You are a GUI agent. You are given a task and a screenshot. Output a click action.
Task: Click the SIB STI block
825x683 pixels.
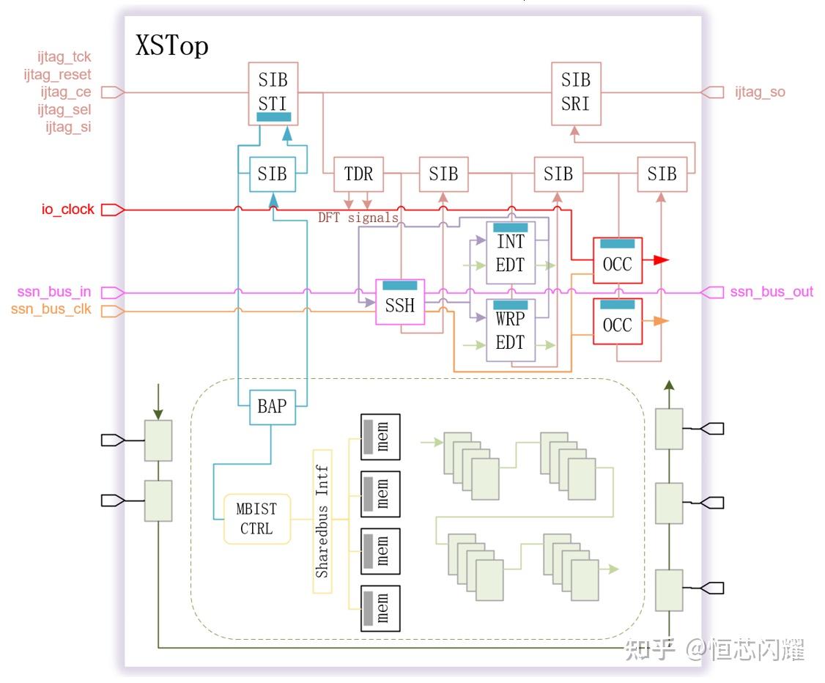(273, 94)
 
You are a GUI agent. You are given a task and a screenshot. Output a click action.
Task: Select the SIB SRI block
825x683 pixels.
(576, 94)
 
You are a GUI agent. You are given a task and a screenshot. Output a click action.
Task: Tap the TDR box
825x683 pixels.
(358, 174)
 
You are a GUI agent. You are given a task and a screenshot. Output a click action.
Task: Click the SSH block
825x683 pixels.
(400, 302)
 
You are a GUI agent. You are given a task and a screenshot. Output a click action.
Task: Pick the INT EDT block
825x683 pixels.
(511, 253)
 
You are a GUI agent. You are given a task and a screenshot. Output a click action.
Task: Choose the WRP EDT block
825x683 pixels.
(511, 330)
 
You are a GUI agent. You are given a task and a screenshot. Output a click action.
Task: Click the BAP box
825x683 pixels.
(272, 407)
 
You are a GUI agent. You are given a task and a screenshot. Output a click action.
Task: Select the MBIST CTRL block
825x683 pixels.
(256, 519)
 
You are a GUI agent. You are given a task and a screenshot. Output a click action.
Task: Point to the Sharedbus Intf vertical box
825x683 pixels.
(322, 522)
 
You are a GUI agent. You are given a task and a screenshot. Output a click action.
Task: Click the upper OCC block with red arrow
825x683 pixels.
(618, 260)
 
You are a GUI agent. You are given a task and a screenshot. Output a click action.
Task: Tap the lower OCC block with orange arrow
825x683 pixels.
(618, 322)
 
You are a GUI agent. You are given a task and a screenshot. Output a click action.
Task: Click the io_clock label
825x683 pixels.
(68, 210)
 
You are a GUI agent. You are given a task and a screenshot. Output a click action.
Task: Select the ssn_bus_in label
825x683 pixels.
(54, 292)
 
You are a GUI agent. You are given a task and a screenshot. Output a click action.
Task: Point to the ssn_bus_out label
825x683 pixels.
(772, 292)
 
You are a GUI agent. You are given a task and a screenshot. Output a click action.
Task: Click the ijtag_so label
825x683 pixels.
(760, 92)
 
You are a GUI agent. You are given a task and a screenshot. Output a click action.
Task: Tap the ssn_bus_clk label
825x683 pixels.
(51, 309)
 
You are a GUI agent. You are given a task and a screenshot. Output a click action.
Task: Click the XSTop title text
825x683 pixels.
(172, 45)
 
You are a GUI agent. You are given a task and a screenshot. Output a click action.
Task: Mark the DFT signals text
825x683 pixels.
(358, 218)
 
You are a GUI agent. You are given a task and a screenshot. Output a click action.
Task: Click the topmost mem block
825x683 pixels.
(380, 437)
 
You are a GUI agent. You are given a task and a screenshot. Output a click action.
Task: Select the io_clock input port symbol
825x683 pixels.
(113, 210)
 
